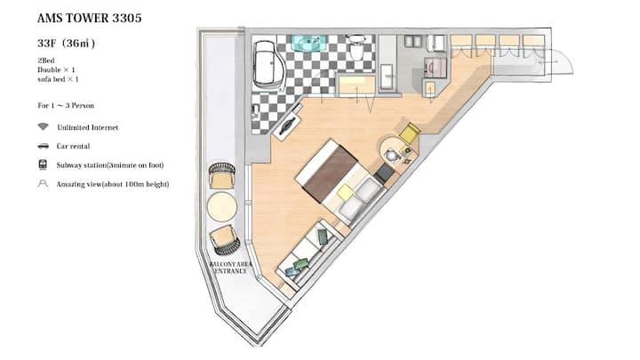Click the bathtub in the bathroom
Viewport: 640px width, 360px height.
coord(268,65)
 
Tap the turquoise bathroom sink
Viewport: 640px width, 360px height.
coord(309,44)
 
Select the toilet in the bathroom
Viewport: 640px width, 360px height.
coord(356,47)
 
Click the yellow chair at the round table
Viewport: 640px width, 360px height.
coord(410,132)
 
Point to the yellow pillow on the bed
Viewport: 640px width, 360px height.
coord(346,192)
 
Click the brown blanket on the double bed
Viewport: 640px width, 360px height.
coord(330,173)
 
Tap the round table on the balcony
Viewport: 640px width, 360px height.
coord(222,207)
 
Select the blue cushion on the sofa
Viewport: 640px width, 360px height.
coord(292,271)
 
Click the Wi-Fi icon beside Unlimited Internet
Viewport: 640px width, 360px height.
coord(43,126)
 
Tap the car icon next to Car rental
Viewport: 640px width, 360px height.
coord(43,146)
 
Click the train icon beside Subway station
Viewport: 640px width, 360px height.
coord(43,165)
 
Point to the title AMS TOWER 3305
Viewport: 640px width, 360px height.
coord(90,18)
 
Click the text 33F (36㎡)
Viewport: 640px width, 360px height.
coord(66,44)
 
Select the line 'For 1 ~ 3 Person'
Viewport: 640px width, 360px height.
coord(66,105)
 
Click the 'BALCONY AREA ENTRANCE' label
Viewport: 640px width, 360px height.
coord(230,268)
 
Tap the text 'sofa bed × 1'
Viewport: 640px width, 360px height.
coord(58,79)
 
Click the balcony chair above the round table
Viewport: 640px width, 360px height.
coord(221,176)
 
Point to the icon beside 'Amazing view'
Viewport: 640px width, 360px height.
coord(43,184)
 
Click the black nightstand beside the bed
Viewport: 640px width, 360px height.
coord(384,173)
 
